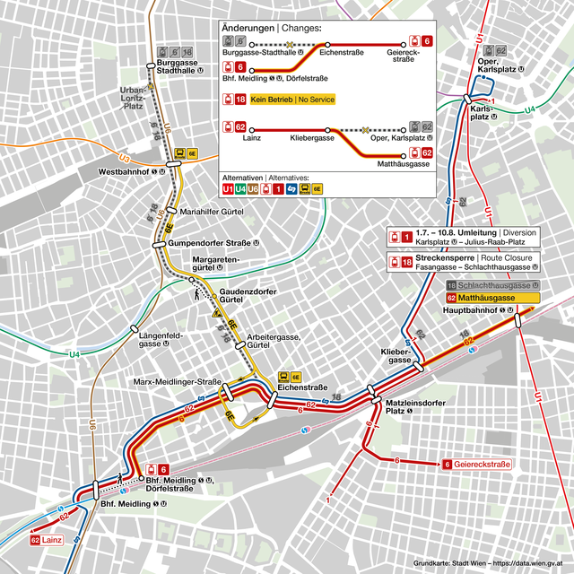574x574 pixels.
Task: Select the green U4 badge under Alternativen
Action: (x=241, y=189)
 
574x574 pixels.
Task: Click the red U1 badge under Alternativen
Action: (x=229, y=189)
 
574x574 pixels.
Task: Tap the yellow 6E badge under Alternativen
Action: (x=317, y=189)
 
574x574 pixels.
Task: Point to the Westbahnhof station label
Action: (x=129, y=170)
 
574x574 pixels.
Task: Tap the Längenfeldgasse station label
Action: (x=161, y=339)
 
